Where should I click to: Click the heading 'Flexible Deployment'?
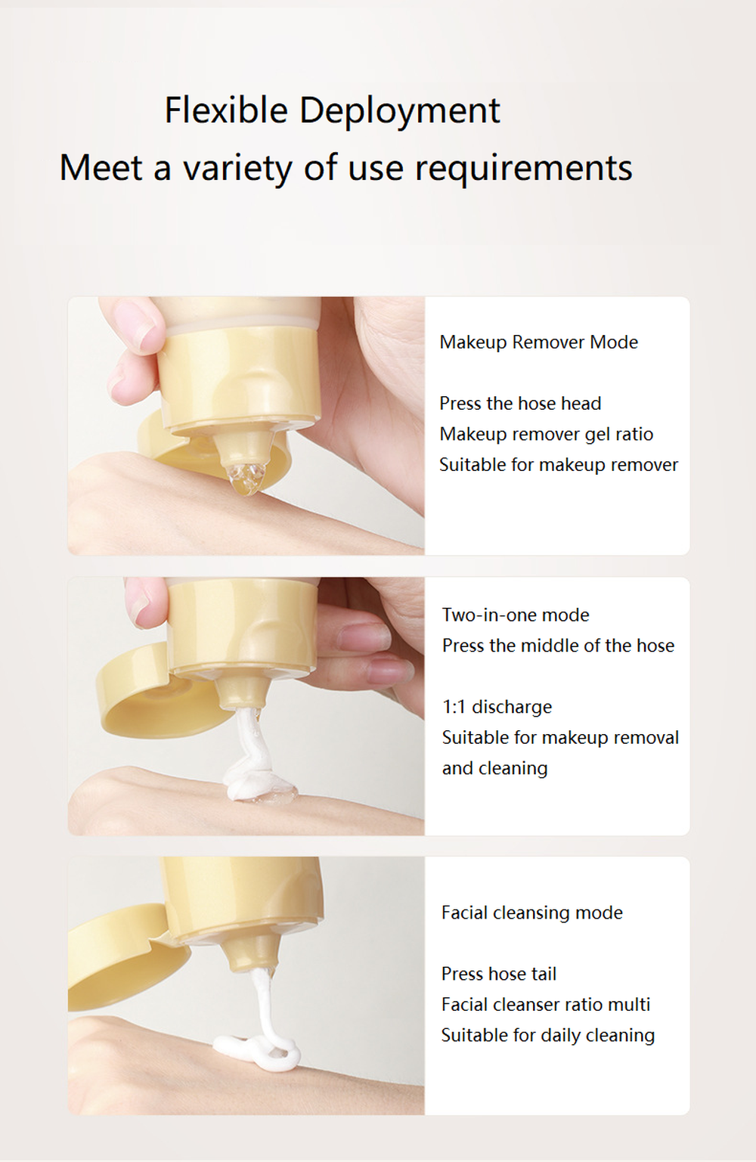(x=332, y=110)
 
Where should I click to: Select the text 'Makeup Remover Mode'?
(x=538, y=342)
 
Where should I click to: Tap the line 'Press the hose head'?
(x=520, y=404)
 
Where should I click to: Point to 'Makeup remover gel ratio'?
(x=546, y=434)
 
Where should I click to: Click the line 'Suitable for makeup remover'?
(x=559, y=465)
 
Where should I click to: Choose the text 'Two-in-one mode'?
(x=516, y=615)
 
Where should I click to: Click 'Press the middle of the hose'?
(x=558, y=646)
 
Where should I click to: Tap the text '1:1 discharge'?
(x=497, y=707)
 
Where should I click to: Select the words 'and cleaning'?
(x=494, y=768)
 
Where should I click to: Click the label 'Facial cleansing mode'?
(x=531, y=913)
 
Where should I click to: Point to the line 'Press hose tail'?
(x=499, y=974)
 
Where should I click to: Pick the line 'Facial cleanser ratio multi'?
(x=545, y=1005)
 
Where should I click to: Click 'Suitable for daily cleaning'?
(x=547, y=1035)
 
